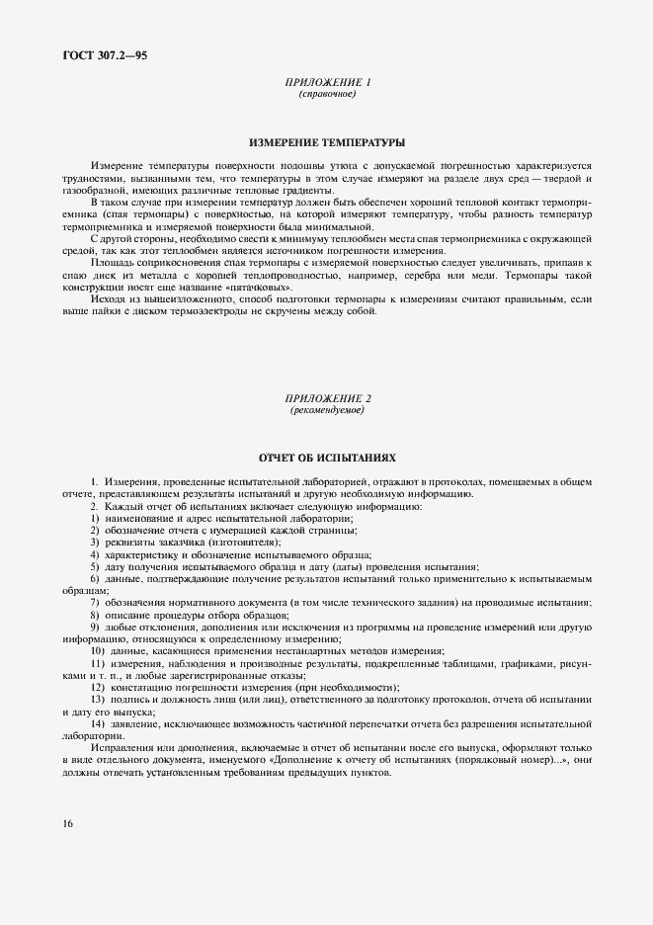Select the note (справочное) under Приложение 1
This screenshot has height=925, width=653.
point(326,95)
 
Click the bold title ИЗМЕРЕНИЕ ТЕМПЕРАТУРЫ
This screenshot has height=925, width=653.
point(326,142)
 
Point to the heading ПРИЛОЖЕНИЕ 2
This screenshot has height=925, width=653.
point(326,398)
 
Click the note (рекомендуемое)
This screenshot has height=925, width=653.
point(326,409)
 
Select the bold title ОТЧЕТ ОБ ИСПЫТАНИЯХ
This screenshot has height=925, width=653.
point(326,459)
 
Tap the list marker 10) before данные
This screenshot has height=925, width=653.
point(98,650)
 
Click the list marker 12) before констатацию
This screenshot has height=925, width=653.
point(98,687)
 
